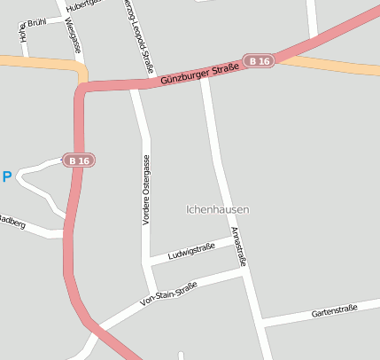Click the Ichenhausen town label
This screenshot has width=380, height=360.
(x=218, y=209)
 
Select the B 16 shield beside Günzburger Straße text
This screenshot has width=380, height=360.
(x=260, y=60)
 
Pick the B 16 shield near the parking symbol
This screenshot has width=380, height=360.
(x=79, y=160)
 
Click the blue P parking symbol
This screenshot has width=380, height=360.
(x=7, y=177)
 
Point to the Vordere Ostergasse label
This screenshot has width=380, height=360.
(x=146, y=190)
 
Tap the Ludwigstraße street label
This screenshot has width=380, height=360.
(x=191, y=251)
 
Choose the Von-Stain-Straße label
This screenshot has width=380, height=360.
(x=168, y=295)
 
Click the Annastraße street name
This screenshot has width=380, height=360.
(x=237, y=247)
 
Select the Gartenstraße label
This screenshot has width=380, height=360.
(x=334, y=310)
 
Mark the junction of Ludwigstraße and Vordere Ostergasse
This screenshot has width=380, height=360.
(x=150, y=262)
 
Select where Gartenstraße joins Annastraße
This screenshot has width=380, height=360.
(x=262, y=322)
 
